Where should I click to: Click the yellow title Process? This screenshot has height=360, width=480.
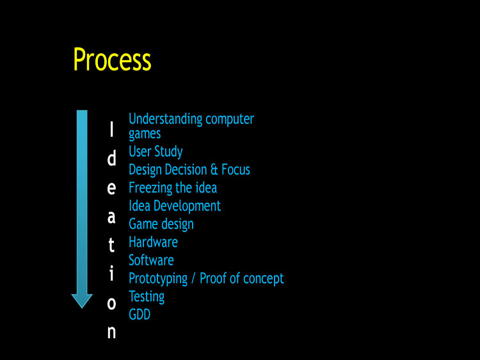112,59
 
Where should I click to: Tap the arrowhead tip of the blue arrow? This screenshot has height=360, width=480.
82,308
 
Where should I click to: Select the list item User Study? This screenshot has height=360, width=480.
156,152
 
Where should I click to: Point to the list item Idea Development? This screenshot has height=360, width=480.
175,206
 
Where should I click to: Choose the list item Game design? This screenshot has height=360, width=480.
161,224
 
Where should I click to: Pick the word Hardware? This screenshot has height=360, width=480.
154,242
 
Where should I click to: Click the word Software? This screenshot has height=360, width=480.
151,260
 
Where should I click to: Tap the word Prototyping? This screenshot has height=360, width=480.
158,279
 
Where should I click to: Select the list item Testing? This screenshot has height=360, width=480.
147,297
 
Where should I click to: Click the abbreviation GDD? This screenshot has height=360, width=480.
140,315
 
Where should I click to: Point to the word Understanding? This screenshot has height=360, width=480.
166,119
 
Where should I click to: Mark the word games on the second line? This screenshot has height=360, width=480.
145,134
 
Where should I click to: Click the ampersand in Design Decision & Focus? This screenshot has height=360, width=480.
214,169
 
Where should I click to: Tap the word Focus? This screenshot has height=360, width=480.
236,169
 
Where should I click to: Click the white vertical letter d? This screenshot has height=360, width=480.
112,158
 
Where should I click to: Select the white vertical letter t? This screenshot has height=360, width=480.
112,245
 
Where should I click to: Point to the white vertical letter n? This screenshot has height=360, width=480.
112,332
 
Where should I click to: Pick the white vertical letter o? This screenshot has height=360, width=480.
112,304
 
